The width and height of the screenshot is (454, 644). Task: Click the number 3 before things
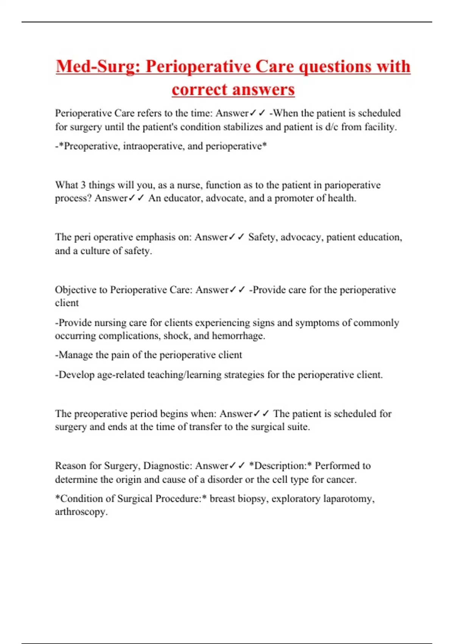(83, 185)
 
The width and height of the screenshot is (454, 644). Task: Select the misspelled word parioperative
(352, 185)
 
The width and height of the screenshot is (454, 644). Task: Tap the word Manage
(76, 355)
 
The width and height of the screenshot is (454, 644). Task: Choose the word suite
(297, 427)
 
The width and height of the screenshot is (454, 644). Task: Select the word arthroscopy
(81, 512)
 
